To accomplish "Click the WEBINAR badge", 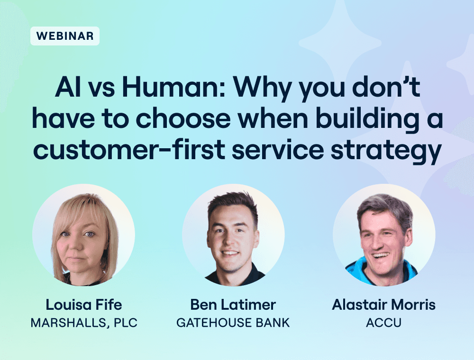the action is [64, 36].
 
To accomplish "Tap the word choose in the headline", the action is [185, 118].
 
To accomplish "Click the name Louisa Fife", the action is [84, 305].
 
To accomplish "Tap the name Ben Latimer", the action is [233, 305].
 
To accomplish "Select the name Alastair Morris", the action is [384, 305].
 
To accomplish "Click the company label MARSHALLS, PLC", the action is [84, 323].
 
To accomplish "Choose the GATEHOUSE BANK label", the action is [233, 323].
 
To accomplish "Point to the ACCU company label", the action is [383, 323].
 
